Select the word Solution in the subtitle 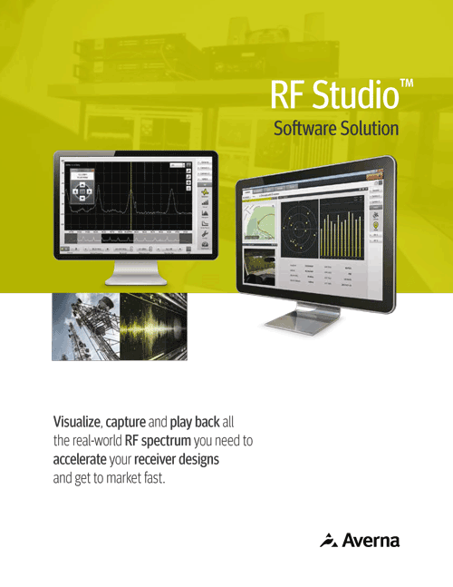(x=369, y=128)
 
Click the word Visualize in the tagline (x=77, y=423)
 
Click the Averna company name (x=371, y=541)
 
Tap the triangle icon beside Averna (x=329, y=541)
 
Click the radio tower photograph (x=86, y=325)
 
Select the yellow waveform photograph (x=154, y=325)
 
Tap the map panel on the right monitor (x=262, y=220)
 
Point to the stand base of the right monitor (x=302, y=320)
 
